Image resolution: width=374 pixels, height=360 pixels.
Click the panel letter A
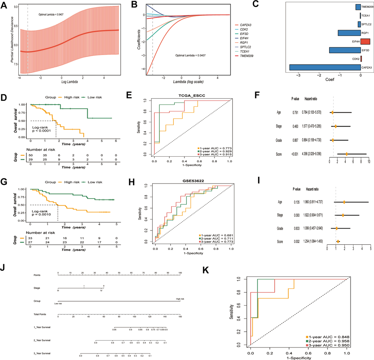(x=5, y=5)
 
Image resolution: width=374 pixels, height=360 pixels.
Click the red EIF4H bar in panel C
(x=367, y=42)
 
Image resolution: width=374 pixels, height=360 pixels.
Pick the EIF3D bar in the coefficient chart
(x=345, y=50)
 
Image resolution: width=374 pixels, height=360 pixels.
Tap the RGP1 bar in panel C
(x=349, y=33)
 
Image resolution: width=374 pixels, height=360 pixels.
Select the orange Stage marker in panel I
(x=343, y=215)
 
